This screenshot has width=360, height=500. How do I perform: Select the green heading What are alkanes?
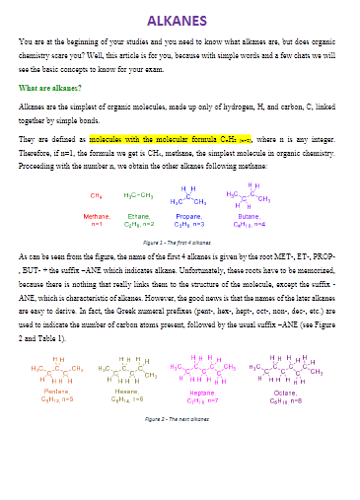pos(49,88)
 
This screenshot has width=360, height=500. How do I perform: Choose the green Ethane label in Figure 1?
pos(139,215)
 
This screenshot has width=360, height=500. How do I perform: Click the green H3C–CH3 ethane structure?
pos(139,195)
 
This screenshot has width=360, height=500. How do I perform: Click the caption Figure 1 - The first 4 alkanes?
pos(180,242)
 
